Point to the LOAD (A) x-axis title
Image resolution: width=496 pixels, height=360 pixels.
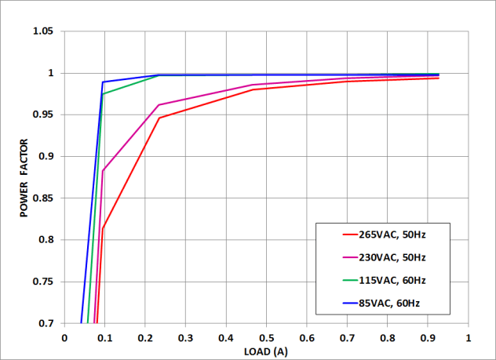266,351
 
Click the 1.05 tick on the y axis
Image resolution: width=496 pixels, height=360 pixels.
42,31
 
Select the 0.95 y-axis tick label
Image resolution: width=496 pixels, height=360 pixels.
42,115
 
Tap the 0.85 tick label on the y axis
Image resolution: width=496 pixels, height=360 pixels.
42,198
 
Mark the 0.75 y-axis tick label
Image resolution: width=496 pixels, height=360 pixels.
42,282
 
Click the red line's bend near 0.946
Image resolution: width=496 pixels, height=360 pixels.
159,118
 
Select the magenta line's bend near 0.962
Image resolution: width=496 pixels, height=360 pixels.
159,105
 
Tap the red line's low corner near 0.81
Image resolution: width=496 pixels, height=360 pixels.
103,229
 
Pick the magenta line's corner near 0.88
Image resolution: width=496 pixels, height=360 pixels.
103,171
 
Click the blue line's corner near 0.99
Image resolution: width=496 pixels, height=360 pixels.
103,82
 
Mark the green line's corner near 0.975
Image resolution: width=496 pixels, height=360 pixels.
103,94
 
